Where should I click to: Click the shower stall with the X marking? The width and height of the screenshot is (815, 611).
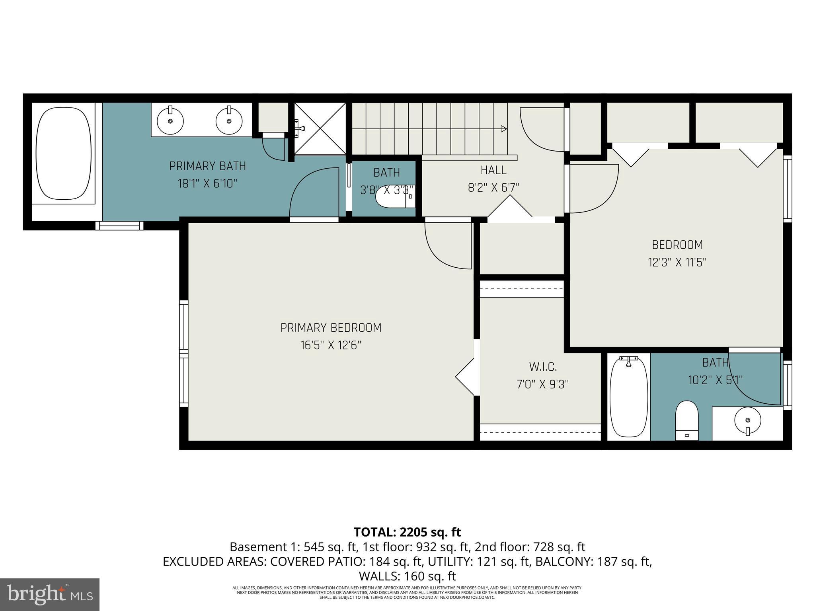coord(320,128)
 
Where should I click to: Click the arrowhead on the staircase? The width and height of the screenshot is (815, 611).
coord(504,128)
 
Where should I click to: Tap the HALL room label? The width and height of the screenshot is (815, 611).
coord(493,170)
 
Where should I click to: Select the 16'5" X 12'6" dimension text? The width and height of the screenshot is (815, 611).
coord(331,345)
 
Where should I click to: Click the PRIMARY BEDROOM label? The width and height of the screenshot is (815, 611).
coord(331,328)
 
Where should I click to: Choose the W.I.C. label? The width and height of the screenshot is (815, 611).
coord(543,366)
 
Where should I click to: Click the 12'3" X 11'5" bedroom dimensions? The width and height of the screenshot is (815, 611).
coord(677,263)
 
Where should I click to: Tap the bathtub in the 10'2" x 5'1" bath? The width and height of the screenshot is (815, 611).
coord(628,397)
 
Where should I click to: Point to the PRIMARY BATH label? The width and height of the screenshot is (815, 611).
coord(207,166)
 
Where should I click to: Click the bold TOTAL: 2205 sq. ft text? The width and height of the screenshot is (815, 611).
coord(407,532)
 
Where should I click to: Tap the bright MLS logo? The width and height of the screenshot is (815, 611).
coord(50,595)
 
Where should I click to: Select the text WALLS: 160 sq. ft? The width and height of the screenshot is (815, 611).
coord(407,576)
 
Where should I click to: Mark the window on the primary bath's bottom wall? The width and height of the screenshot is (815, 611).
coord(119,226)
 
